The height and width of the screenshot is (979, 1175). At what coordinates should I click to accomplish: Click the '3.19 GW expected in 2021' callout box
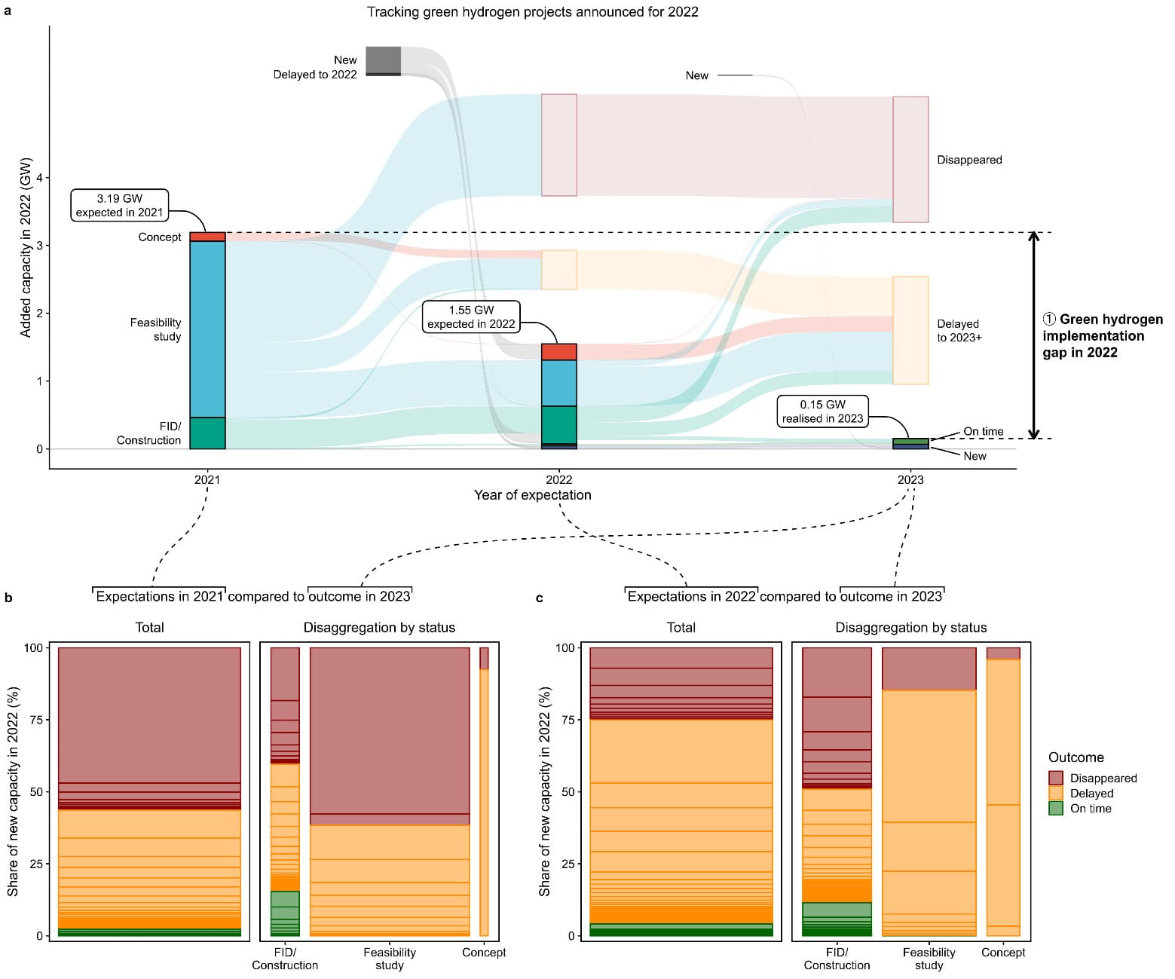(119, 205)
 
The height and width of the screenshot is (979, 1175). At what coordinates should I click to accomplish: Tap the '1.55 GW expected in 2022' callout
(471, 317)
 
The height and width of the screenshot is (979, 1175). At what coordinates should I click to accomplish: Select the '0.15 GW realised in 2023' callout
(822, 411)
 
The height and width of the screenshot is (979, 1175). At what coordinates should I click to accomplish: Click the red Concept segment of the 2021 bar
(207, 237)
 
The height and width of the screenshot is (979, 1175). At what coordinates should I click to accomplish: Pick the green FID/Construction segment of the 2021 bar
(207, 433)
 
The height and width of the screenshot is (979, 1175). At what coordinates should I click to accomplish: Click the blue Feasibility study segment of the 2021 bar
(207, 329)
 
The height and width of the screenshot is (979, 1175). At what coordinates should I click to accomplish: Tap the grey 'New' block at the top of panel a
(383, 60)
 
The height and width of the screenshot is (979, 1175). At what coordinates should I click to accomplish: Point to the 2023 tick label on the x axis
(910, 480)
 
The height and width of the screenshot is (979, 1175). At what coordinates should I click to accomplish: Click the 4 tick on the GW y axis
(39, 178)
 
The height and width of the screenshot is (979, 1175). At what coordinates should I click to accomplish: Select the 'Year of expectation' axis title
(532, 495)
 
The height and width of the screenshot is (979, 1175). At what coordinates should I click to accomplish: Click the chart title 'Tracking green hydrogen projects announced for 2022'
(532, 12)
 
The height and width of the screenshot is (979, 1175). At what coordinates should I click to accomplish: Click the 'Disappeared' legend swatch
(1056, 778)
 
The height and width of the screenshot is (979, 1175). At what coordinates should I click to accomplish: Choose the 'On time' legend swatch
(1056, 809)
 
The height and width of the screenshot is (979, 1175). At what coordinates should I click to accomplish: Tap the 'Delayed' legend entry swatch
(1056, 794)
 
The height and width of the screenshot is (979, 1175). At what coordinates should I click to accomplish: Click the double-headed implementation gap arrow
(1033, 335)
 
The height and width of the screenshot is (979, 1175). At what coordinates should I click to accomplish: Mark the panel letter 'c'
(539, 598)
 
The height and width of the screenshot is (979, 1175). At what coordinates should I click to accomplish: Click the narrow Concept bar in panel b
(484, 791)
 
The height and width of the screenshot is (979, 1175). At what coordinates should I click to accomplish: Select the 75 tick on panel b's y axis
(36, 720)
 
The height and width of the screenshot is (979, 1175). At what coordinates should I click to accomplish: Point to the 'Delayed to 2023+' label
(959, 331)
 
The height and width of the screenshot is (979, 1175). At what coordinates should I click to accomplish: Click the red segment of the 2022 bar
(558, 352)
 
